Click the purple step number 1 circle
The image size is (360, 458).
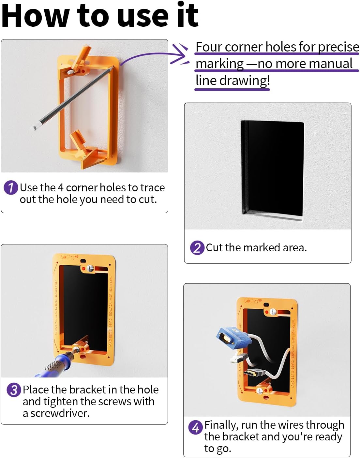click(x=11, y=188)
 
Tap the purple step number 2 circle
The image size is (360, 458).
click(x=197, y=248)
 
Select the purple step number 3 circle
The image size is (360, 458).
click(x=14, y=390)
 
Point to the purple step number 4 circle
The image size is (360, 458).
click(x=195, y=427)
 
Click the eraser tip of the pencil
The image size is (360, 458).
click(x=33, y=127)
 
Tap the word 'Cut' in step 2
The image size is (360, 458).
click(x=214, y=248)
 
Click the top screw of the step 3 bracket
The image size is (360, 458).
click(x=90, y=268)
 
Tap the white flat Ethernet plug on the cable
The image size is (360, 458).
click(x=237, y=359)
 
